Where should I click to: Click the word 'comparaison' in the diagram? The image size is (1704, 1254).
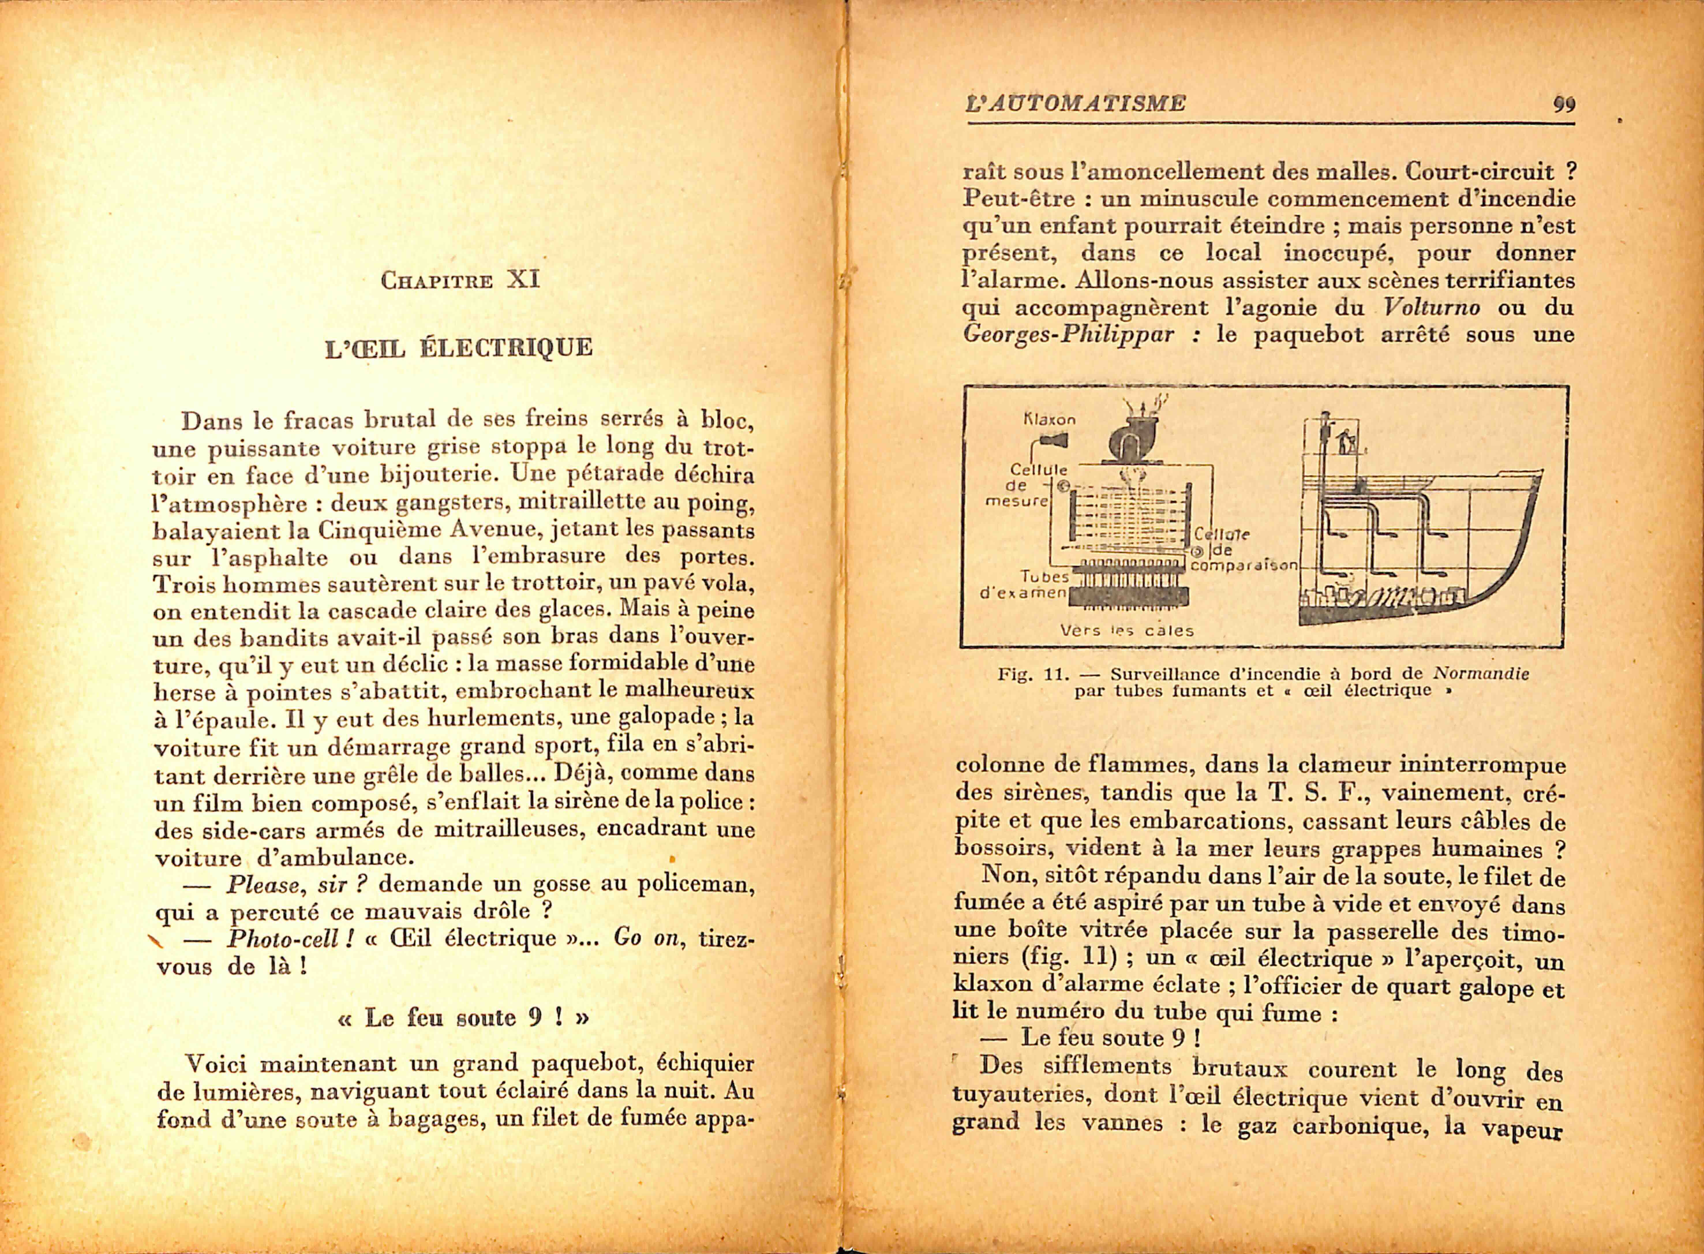point(1245,566)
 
